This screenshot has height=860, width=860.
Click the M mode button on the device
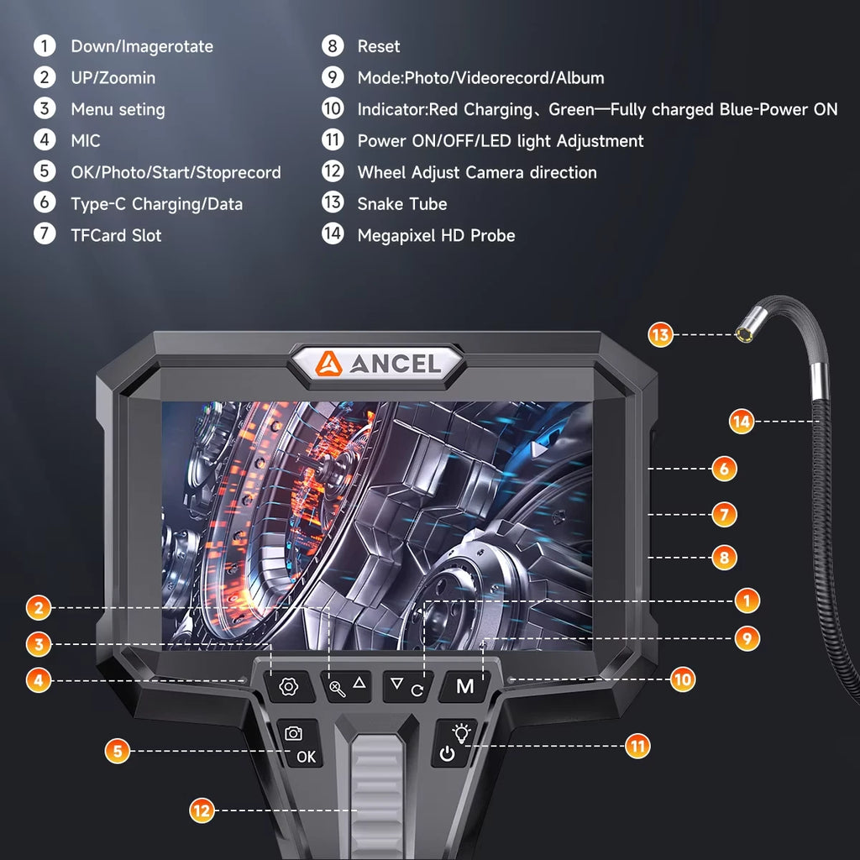coord(464,686)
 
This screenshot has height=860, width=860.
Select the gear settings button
coord(289,686)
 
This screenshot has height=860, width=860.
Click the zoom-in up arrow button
coord(349,686)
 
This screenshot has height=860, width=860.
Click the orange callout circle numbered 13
coord(661,335)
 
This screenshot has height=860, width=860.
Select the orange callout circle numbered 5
coord(118,750)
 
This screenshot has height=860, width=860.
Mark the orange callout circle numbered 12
coord(202,810)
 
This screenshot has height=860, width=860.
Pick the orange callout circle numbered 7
coord(724,513)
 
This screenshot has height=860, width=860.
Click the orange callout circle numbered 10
coord(683,679)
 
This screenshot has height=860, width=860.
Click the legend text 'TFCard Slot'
coord(116,235)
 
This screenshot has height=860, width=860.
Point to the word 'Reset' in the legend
coord(378,46)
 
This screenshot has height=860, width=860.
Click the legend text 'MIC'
coord(85,141)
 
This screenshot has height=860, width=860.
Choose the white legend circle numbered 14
coord(333,235)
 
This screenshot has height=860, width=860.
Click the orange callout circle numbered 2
coord(38,606)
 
